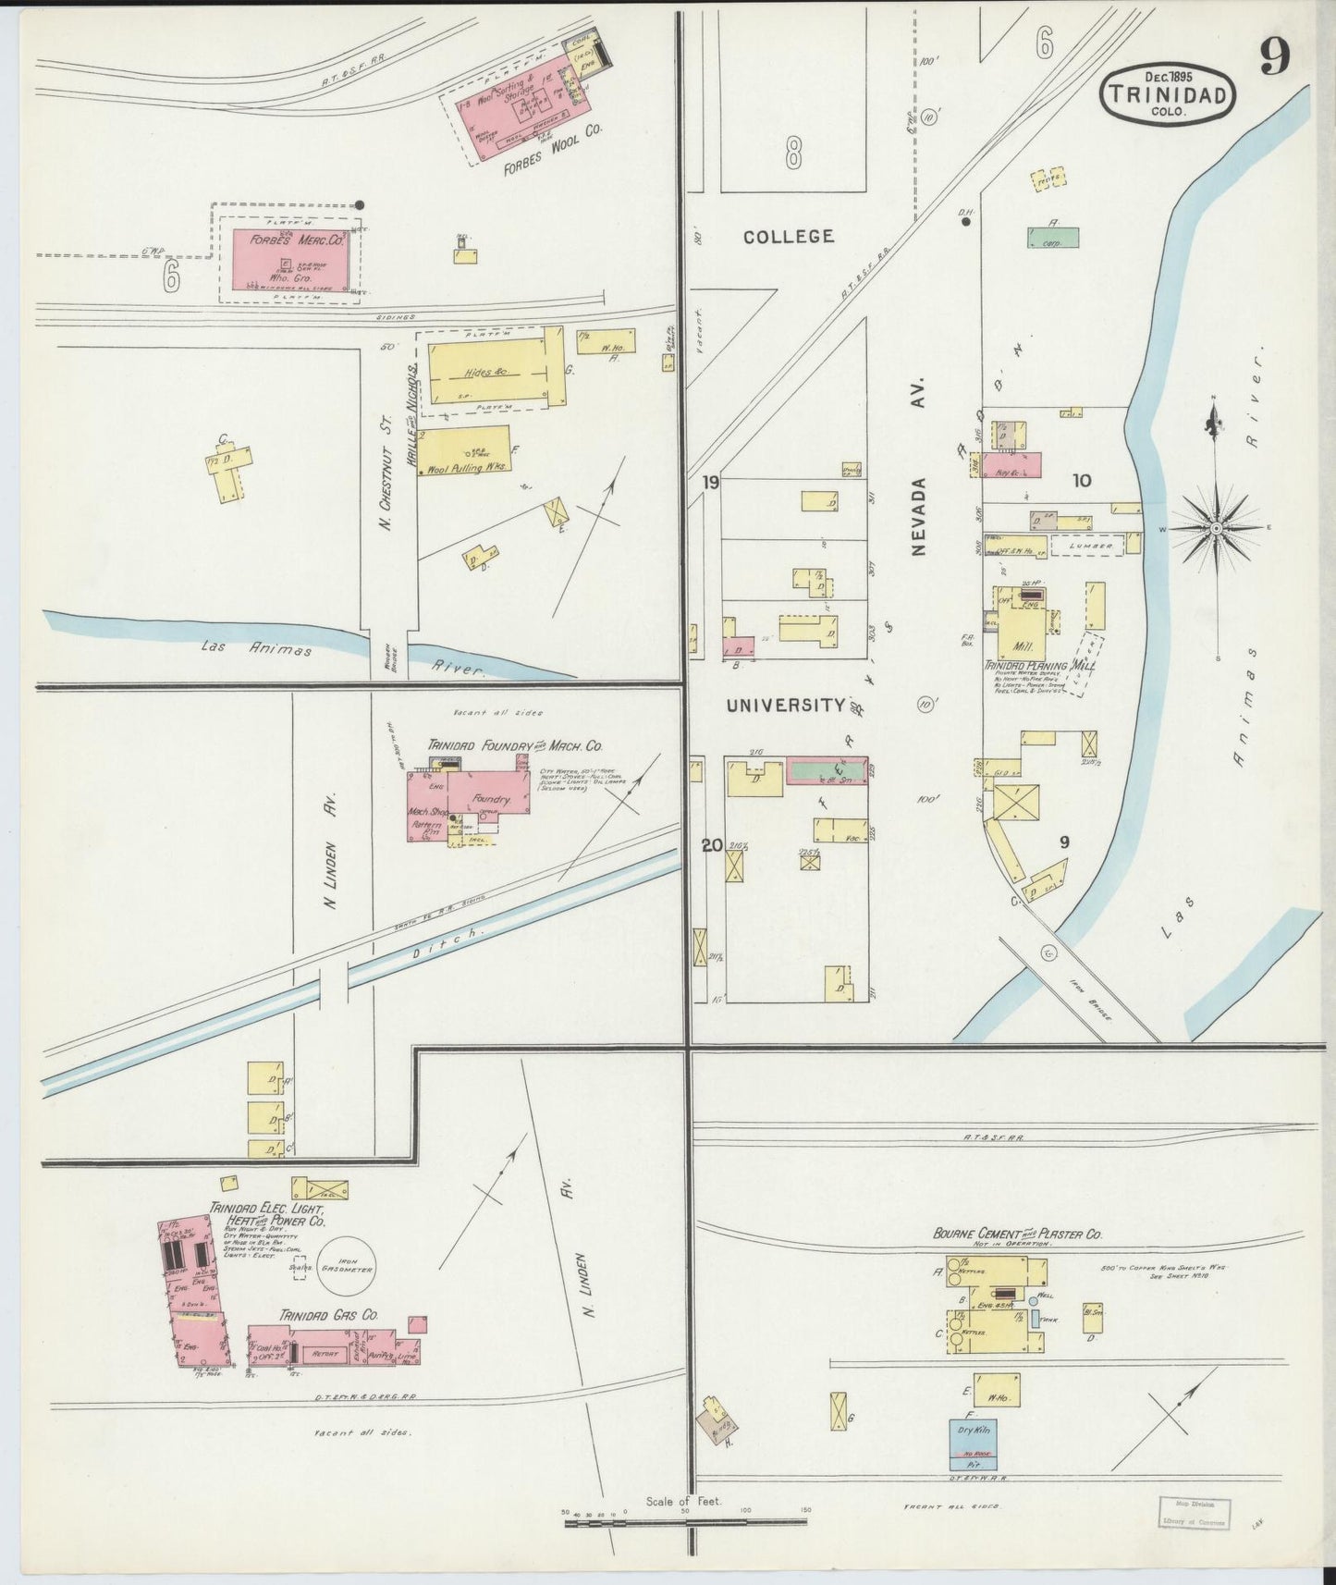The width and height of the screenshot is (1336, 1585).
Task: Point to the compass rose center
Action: [1217, 528]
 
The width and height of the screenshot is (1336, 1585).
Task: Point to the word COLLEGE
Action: [789, 237]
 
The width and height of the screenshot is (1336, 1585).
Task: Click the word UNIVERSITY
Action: [785, 706]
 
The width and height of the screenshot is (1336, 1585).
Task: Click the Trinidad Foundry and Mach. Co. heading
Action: [515, 744]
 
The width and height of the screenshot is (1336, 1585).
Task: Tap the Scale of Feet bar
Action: [684, 1520]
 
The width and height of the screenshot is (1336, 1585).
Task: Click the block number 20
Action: [711, 843]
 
